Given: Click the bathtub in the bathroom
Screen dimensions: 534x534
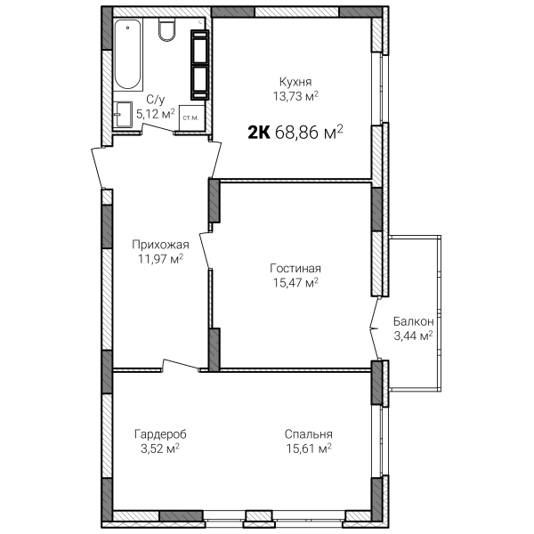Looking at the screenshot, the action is tap(127, 54).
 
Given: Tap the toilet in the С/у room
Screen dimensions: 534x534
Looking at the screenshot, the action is tap(167, 29).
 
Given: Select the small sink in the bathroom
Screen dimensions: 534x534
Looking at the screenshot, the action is tap(122, 114).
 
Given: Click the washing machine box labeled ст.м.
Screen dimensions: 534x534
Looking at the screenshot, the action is tap(191, 117).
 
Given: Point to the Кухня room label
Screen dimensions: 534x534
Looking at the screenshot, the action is tap(295, 82).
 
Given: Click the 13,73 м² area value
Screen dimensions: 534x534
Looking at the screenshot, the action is tap(295, 96).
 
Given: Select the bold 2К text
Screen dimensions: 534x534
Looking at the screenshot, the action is tap(259, 133).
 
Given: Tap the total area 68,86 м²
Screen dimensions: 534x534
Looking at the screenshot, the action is tap(309, 132).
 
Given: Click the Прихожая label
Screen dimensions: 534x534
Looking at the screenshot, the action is tap(160, 245).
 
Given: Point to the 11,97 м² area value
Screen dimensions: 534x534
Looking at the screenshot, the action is tap(160, 259).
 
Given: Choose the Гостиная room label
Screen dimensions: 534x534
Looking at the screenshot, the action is tap(295, 269).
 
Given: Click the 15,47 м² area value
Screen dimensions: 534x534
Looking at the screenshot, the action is tap(295, 282).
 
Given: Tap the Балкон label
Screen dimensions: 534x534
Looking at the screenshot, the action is tap(414, 321).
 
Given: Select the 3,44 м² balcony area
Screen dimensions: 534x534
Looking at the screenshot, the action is tap(414, 336).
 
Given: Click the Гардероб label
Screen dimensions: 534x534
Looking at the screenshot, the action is tap(160, 434).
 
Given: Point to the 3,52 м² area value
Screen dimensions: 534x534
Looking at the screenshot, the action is tap(160, 449).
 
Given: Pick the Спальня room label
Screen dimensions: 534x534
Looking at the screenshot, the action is tap(309, 434).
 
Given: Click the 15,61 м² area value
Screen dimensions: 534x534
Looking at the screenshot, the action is tap(309, 449).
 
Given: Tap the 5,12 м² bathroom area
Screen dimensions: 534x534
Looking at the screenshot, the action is tap(155, 114).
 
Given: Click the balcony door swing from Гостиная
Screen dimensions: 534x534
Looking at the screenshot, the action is tap(374, 328).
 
